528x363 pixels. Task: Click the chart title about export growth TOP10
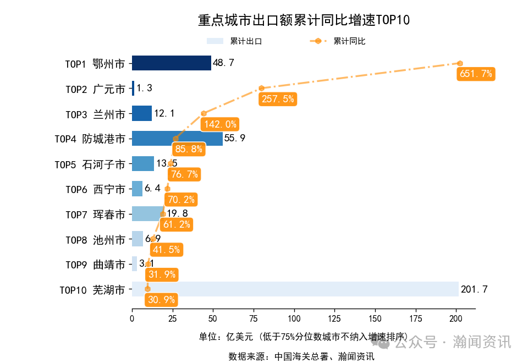[x=304, y=20]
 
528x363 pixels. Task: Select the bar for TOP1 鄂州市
[x=171, y=63]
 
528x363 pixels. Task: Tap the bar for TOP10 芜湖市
[x=295, y=289]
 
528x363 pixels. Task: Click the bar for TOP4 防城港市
[x=177, y=139]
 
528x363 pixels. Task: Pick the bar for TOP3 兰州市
[x=142, y=113]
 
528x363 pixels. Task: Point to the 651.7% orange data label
[x=476, y=74]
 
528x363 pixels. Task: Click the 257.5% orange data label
[x=278, y=99]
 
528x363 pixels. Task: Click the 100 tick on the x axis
[x=294, y=318]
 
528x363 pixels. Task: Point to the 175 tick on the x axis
[x=416, y=318]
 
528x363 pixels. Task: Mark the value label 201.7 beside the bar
[x=474, y=289]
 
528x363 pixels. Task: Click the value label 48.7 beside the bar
[x=223, y=63]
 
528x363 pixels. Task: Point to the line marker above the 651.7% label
[x=460, y=63]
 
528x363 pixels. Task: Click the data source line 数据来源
[x=301, y=356]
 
